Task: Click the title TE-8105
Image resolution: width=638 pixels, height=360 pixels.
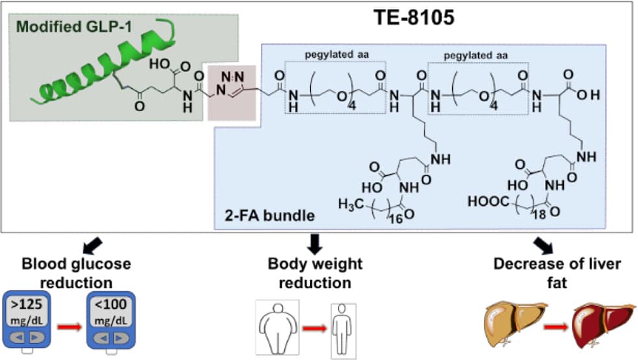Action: coord(413,16)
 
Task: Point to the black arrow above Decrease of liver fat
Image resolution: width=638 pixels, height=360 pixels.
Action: coord(541,244)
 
